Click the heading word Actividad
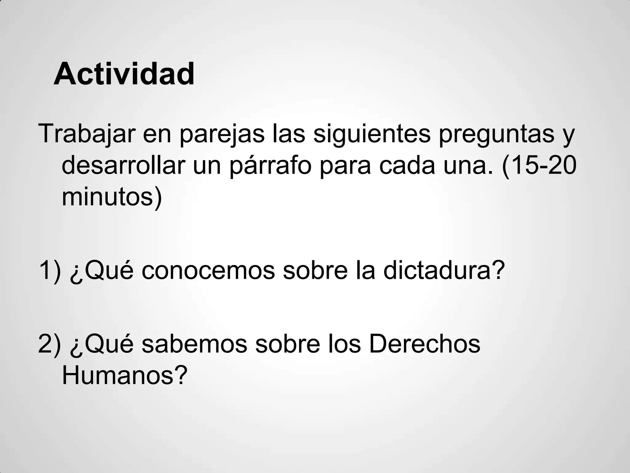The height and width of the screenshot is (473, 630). click(124, 74)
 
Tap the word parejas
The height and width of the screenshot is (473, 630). click(222, 134)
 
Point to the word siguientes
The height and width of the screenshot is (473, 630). click(372, 134)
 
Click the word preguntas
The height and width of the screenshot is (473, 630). click(496, 134)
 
